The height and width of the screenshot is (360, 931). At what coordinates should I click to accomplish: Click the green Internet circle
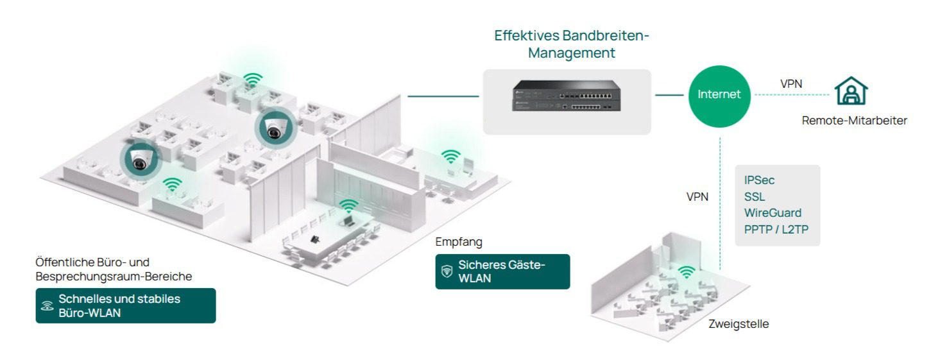point(719,95)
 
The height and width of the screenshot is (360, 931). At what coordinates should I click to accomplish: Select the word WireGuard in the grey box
point(773,213)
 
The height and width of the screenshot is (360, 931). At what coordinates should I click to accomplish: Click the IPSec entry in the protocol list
point(759,181)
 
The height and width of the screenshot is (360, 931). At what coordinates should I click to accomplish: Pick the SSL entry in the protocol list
point(755,197)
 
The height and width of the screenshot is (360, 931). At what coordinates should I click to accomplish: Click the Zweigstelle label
point(739,324)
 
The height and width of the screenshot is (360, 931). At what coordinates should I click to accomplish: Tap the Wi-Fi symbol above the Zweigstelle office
point(687,271)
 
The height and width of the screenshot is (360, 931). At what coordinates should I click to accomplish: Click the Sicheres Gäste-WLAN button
point(502,271)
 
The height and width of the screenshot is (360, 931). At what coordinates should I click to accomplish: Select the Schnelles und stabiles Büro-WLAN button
point(126,305)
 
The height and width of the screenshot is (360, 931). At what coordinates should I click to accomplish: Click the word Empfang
point(458,242)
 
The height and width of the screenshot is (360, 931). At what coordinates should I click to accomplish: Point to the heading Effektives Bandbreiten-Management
point(571,44)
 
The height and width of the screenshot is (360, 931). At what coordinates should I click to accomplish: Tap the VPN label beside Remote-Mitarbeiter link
point(791,83)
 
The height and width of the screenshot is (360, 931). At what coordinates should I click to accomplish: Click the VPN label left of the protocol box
point(697,197)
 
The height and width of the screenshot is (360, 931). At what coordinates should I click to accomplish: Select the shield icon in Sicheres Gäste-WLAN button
point(447,271)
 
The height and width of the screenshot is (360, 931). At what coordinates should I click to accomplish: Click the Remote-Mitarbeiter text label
point(854,120)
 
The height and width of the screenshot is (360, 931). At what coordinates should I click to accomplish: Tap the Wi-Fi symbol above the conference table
point(348,206)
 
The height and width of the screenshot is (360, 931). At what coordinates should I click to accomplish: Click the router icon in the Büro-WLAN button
point(47,305)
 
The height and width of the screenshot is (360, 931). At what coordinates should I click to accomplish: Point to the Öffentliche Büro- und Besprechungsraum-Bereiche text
point(114,270)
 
